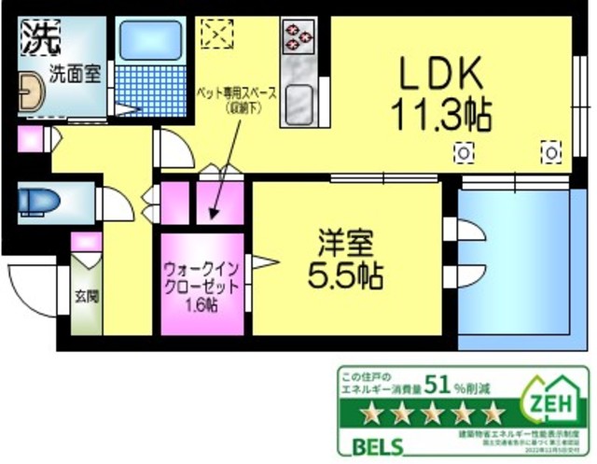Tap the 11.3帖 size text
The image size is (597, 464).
point(440,116)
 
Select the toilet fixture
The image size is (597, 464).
point(38,200)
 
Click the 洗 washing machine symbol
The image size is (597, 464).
point(38,38)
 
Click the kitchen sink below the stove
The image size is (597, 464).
point(299,96)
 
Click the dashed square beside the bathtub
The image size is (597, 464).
point(221,34)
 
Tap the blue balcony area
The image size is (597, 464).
point(513,261)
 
